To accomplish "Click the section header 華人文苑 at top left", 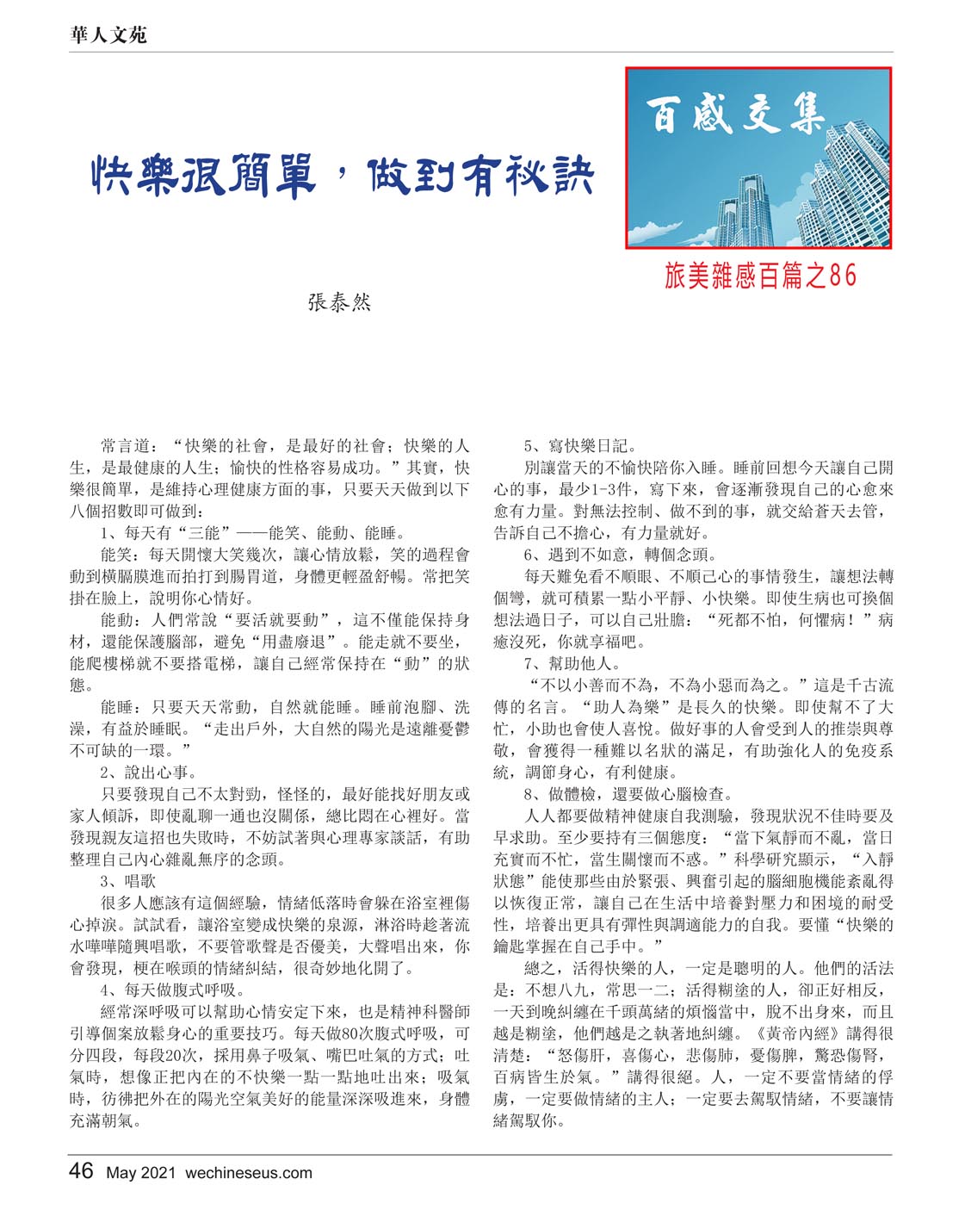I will pos(108,34).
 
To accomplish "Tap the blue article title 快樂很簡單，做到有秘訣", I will pos(343,176).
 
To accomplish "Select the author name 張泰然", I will pos(339,302).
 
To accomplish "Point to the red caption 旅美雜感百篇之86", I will pos(760,275).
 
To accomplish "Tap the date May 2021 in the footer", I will pos(141,1173).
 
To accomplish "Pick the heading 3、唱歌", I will pos(128,881).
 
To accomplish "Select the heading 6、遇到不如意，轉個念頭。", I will pos(620,555).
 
